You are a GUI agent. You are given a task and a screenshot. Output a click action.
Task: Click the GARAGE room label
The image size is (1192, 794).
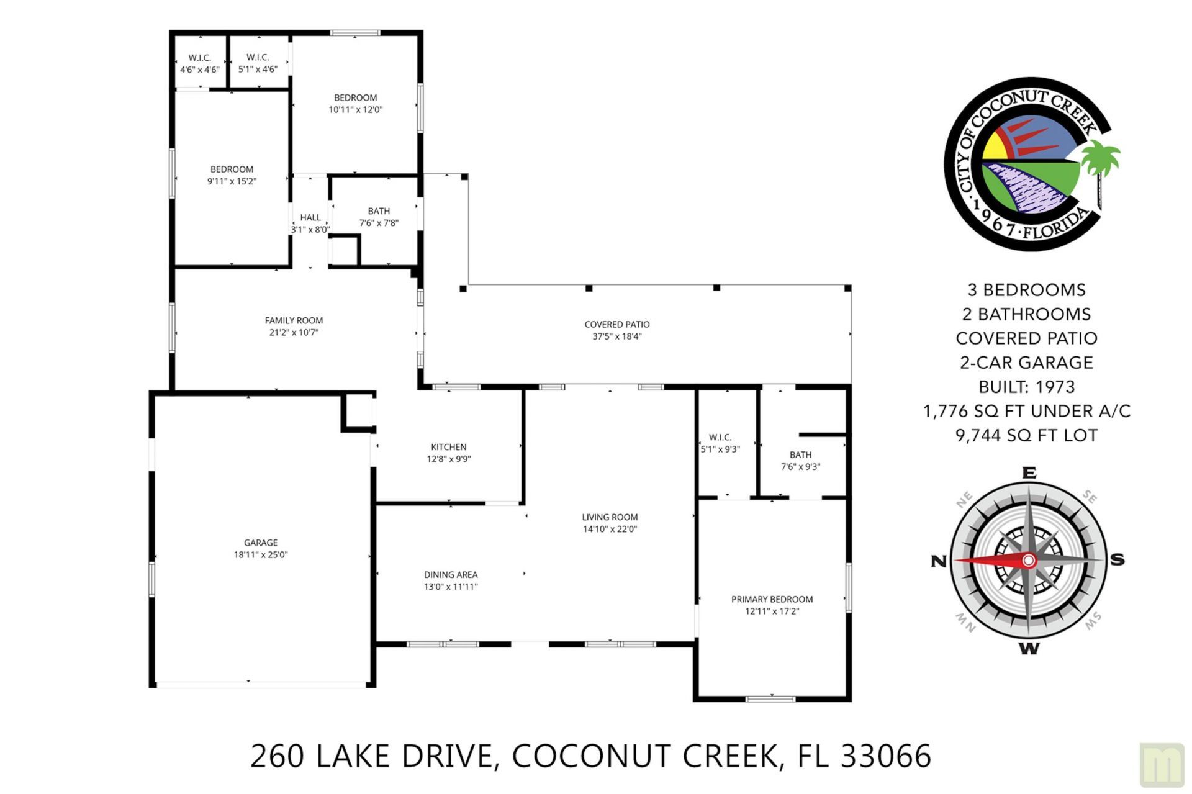tap(260, 543)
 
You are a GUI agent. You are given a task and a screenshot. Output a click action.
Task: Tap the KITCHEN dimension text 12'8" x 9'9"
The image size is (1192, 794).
tap(448, 459)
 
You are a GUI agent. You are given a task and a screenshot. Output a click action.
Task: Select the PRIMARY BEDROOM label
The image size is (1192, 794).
tap(772, 599)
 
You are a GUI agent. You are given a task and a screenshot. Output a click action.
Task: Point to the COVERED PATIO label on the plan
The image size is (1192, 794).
tap(616, 324)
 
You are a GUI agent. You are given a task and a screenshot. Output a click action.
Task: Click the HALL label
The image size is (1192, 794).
tap(310, 217)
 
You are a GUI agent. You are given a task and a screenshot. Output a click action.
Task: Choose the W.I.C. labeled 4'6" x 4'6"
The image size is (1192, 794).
tap(200, 63)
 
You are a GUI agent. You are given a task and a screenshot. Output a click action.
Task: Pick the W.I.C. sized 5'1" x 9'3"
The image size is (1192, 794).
tap(720, 443)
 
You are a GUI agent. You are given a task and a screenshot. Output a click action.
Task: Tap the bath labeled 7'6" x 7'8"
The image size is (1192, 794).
tap(379, 217)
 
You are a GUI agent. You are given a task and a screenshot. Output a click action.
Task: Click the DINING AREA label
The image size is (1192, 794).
tap(451, 575)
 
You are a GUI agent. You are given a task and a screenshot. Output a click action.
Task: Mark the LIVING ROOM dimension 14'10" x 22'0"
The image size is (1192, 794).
tap(610, 530)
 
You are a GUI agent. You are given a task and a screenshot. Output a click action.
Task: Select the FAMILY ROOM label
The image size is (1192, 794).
tap(294, 320)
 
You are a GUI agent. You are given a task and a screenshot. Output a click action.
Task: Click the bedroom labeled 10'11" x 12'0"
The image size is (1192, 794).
tap(355, 103)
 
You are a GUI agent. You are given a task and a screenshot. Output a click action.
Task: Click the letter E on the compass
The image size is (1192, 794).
tap(1029, 473)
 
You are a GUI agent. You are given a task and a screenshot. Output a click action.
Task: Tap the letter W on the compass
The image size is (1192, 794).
tap(1029, 649)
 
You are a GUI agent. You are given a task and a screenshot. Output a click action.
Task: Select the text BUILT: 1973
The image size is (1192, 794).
tap(1026, 387)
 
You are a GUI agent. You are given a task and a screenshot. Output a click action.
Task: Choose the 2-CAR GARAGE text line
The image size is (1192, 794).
tap(1026, 363)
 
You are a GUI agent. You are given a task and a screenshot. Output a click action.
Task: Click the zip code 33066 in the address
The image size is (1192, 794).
tap(886, 756)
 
